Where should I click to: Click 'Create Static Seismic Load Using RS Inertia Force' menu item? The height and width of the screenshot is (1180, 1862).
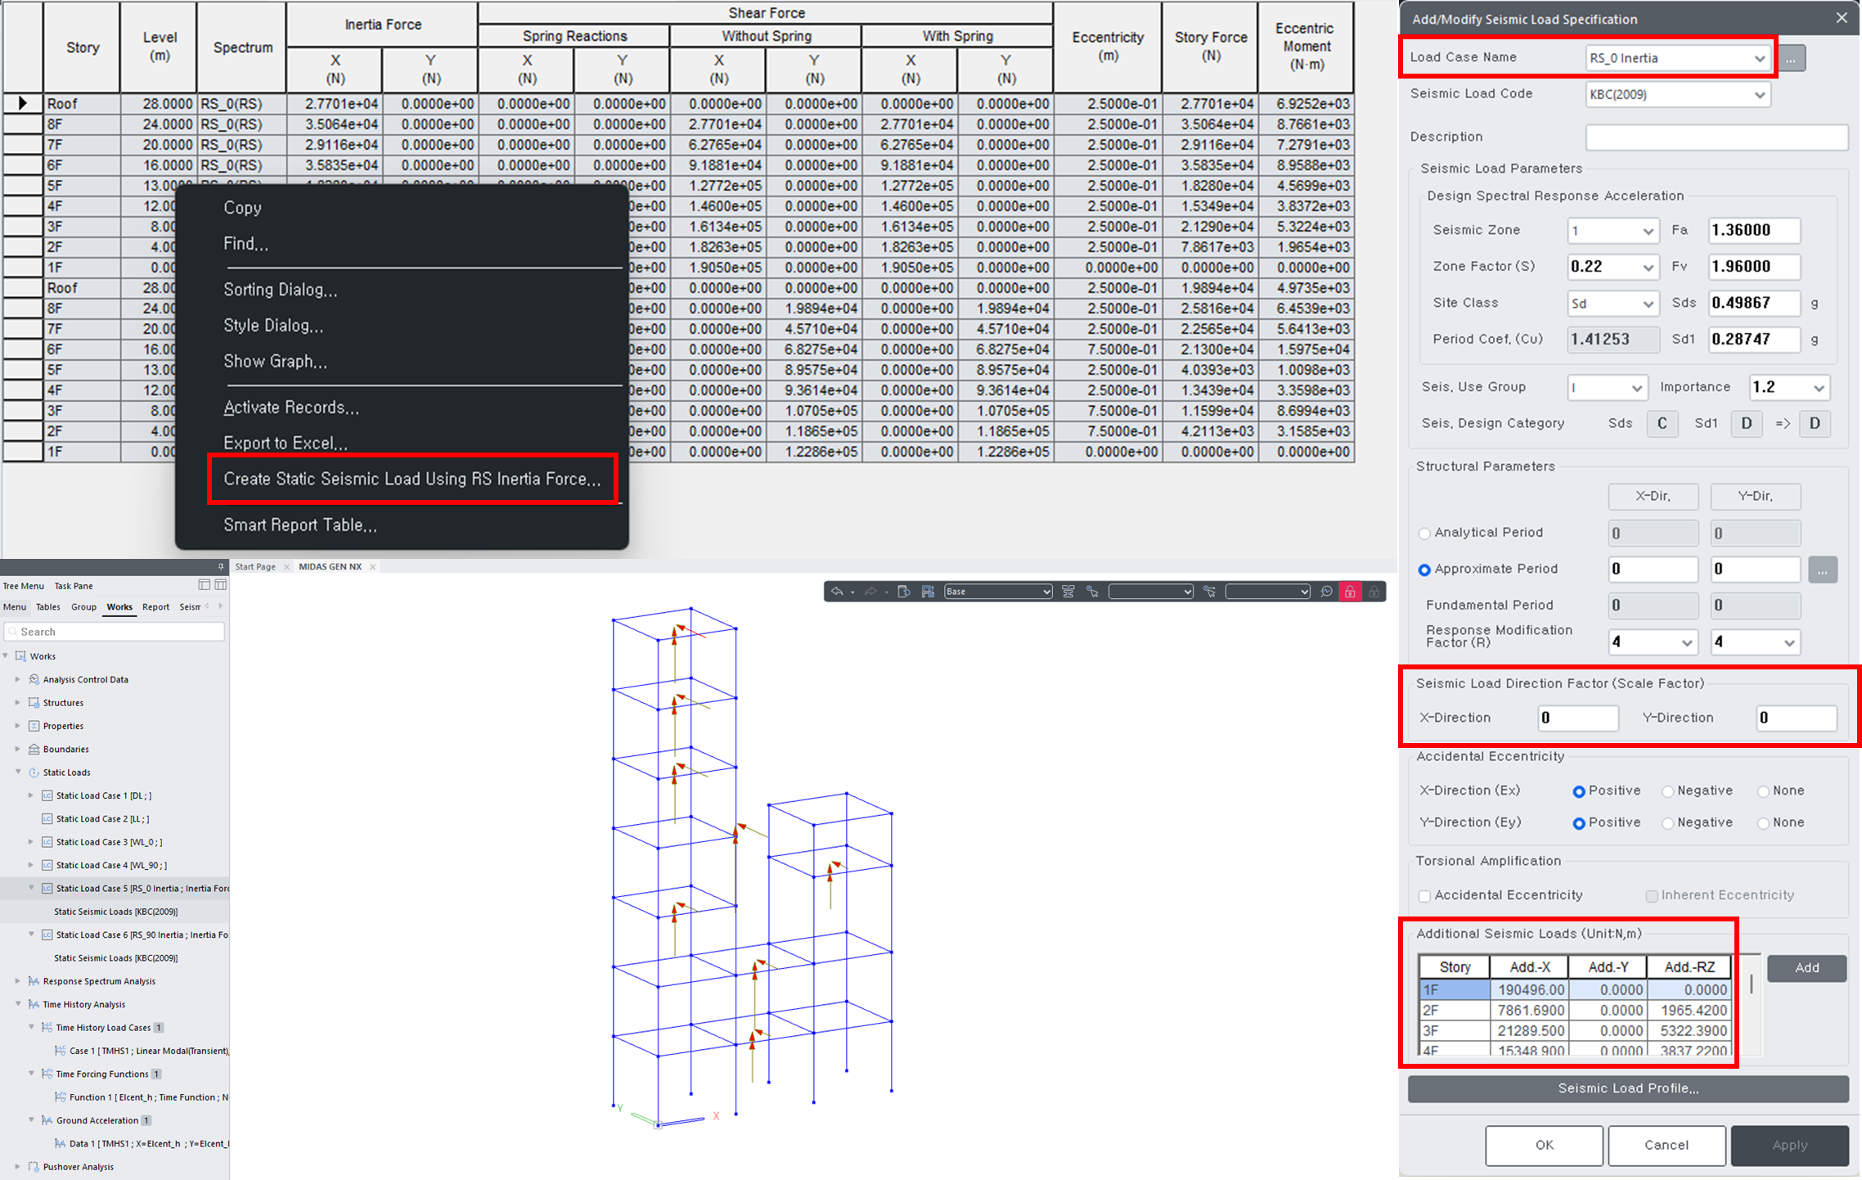click(x=412, y=480)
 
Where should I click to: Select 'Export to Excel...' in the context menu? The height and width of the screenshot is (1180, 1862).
click(x=285, y=443)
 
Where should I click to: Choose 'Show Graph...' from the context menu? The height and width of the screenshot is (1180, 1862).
click(x=275, y=362)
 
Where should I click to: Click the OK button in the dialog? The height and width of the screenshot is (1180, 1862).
click(x=1544, y=1145)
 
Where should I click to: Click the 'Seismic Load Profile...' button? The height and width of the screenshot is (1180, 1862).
click(x=1627, y=1088)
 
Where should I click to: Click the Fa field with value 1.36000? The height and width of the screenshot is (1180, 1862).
click(x=1754, y=231)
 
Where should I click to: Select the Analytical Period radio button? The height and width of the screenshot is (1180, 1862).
click(x=1425, y=534)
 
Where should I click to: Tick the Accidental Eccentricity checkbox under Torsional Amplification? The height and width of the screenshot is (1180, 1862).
click(x=1425, y=896)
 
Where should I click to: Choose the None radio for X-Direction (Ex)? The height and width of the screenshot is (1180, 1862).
click(x=1764, y=791)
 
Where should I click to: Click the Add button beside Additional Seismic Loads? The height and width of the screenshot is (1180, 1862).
click(x=1806, y=968)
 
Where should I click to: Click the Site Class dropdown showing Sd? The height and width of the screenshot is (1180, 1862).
click(x=1612, y=304)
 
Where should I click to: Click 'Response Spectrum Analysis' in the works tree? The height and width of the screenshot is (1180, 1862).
click(x=99, y=981)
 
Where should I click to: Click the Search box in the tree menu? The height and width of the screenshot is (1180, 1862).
click(x=115, y=632)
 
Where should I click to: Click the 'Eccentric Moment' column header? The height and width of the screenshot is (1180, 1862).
click(x=1305, y=47)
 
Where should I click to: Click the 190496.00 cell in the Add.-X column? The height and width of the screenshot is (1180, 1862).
click(x=1529, y=990)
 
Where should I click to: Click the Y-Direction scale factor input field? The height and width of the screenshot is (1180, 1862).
click(x=1796, y=718)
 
